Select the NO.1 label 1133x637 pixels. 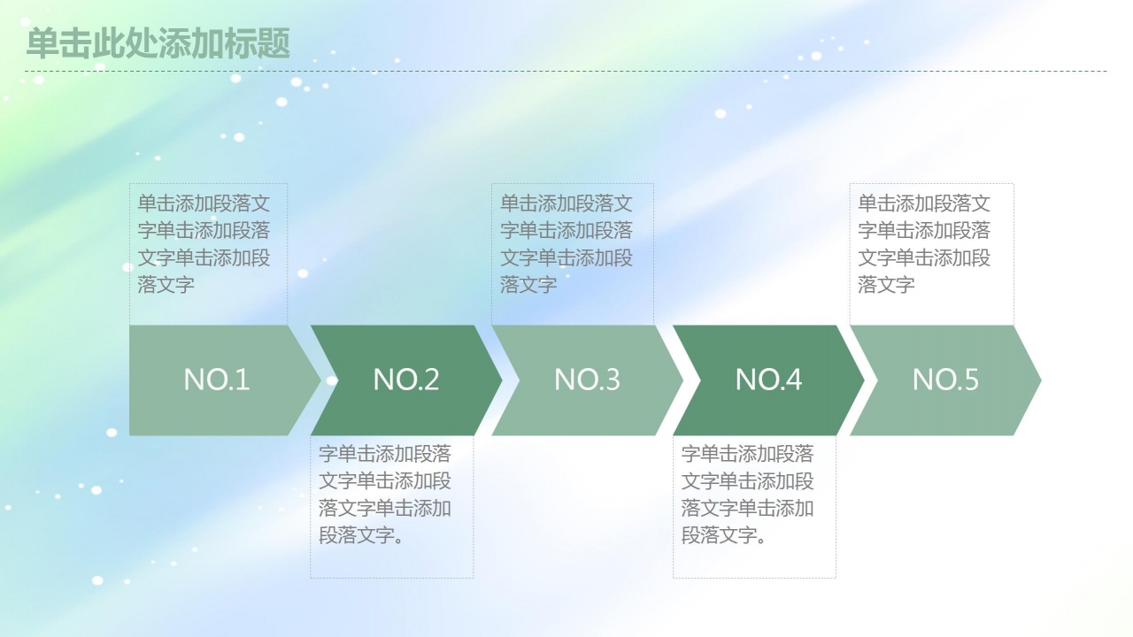coord(217,380)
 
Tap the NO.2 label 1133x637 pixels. coord(406,380)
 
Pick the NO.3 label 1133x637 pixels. coord(587,380)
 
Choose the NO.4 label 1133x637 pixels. coord(768,380)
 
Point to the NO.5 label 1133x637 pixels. coord(945,380)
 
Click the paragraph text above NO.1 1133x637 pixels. coord(204,244)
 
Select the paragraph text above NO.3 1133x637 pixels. coord(566,244)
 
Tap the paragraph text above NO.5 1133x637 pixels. coord(924,244)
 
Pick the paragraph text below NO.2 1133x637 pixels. coord(385,495)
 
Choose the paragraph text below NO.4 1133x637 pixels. coord(748,495)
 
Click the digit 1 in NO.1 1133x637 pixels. coord(243,380)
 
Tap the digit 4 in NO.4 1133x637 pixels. coord(793,380)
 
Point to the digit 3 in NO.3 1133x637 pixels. coord(612,380)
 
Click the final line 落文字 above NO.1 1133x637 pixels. coord(166,285)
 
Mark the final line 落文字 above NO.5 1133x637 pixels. coord(886,285)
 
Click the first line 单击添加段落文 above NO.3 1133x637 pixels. coord(566,203)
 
